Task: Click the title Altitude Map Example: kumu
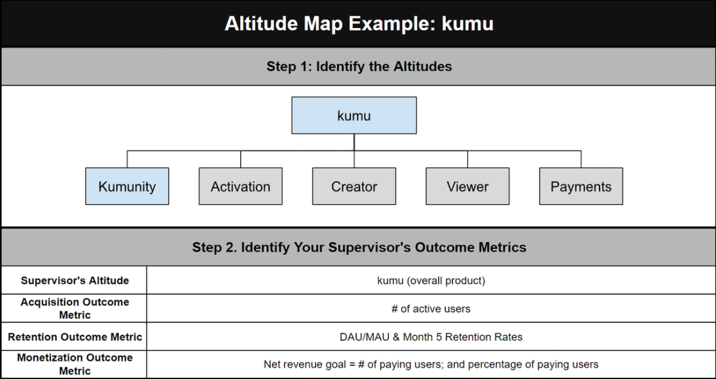coord(359,23)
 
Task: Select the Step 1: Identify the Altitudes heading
coord(359,66)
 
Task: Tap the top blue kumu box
coord(354,116)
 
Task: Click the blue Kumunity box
coord(127,187)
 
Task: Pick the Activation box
coord(240,187)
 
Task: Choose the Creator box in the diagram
coord(354,187)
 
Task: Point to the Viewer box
coord(467,187)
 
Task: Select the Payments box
coord(581,187)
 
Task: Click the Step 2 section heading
coord(359,247)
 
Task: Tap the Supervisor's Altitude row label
coord(74,281)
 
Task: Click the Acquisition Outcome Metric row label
coord(74,308)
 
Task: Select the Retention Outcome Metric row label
coord(74,337)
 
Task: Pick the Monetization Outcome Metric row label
coord(74,364)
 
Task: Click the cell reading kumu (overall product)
coord(431,281)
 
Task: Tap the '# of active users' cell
coord(431,309)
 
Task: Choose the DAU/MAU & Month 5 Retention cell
coord(431,337)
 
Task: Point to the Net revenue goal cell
coord(431,364)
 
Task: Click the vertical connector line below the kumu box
coord(354,143)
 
